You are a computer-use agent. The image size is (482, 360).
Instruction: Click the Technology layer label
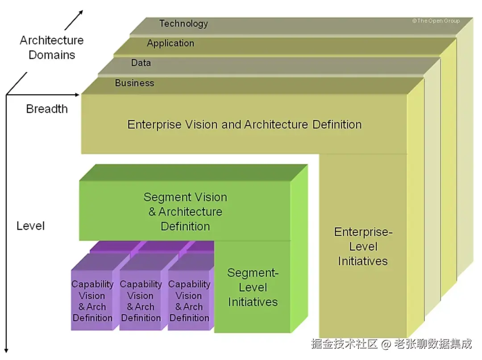click(x=183, y=24)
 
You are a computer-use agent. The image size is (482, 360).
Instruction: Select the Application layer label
click(x=170, y=43)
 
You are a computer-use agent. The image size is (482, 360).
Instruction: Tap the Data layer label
click(x=141, y=62)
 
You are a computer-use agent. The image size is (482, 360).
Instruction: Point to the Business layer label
click(x=135, y=83)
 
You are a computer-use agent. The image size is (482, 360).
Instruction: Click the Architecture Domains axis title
click(x=52, y=48)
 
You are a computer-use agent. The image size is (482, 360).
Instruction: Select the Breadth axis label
click(x=47, y=109)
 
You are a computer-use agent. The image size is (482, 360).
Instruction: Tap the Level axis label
click(x=30, y=226)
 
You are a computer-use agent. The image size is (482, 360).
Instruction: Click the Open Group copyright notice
click(x=436, y=21)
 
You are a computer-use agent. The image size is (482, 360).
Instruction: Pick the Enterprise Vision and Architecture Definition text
click(x=245, y=125)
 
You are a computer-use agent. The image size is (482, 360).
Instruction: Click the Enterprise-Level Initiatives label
click(x=363, y=246)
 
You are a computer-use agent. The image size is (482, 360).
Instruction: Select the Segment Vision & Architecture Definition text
click(x=185, y=211)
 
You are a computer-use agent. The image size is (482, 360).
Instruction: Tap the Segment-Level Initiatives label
click(x=253, y=287)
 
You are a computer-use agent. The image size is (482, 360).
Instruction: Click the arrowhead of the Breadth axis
click(x=77, y=95)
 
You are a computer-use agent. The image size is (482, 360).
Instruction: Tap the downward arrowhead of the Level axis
click(x=6, y=351)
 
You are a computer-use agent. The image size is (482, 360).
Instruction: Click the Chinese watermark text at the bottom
click(x=391, y=344)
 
